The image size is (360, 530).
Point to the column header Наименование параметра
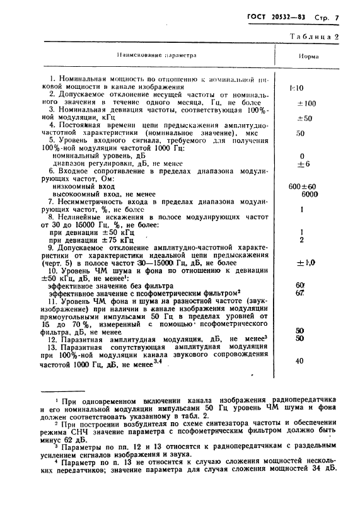(x=156, y=55)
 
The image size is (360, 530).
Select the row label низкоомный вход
(x=79, y=187)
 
